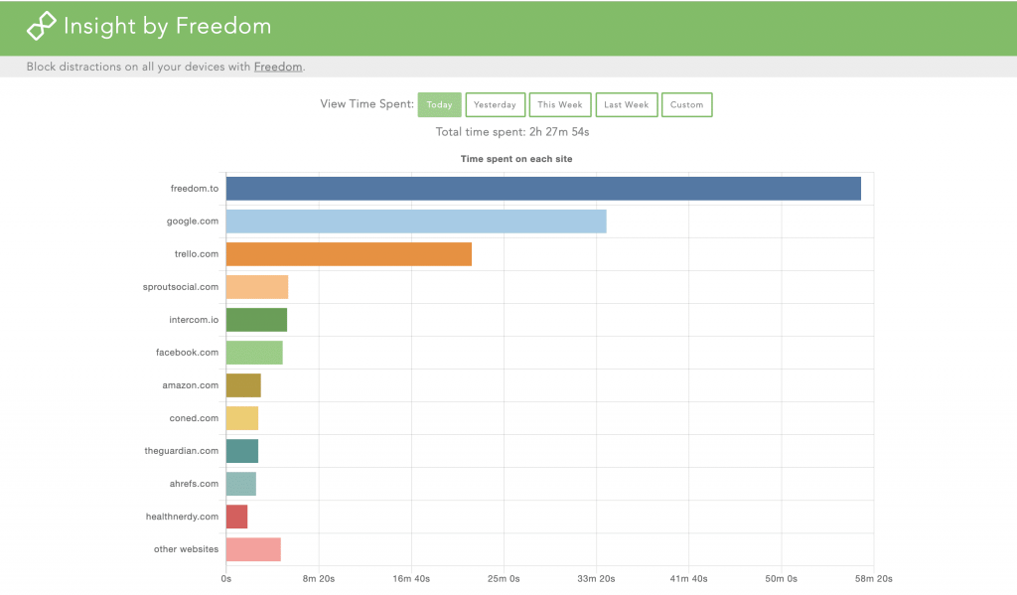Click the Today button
(439, 105)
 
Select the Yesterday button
(495, 105)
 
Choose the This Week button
(560, 105)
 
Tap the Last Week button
(626, 105)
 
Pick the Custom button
(686, 105)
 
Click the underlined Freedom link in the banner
(278, 67)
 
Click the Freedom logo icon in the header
(41, 27)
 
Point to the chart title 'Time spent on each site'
(515, 159)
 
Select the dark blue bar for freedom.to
(542, 189)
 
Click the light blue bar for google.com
(415, 222)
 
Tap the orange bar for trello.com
(349, 254)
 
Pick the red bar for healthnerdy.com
(236, 517)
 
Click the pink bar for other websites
(253, 549)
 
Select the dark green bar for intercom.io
(256, 320)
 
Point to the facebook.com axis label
(187, 353)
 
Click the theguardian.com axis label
(181, 451)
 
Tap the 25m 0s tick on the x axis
(504, 578)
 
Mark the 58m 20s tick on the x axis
(873, 578)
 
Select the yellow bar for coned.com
(241, 418)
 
